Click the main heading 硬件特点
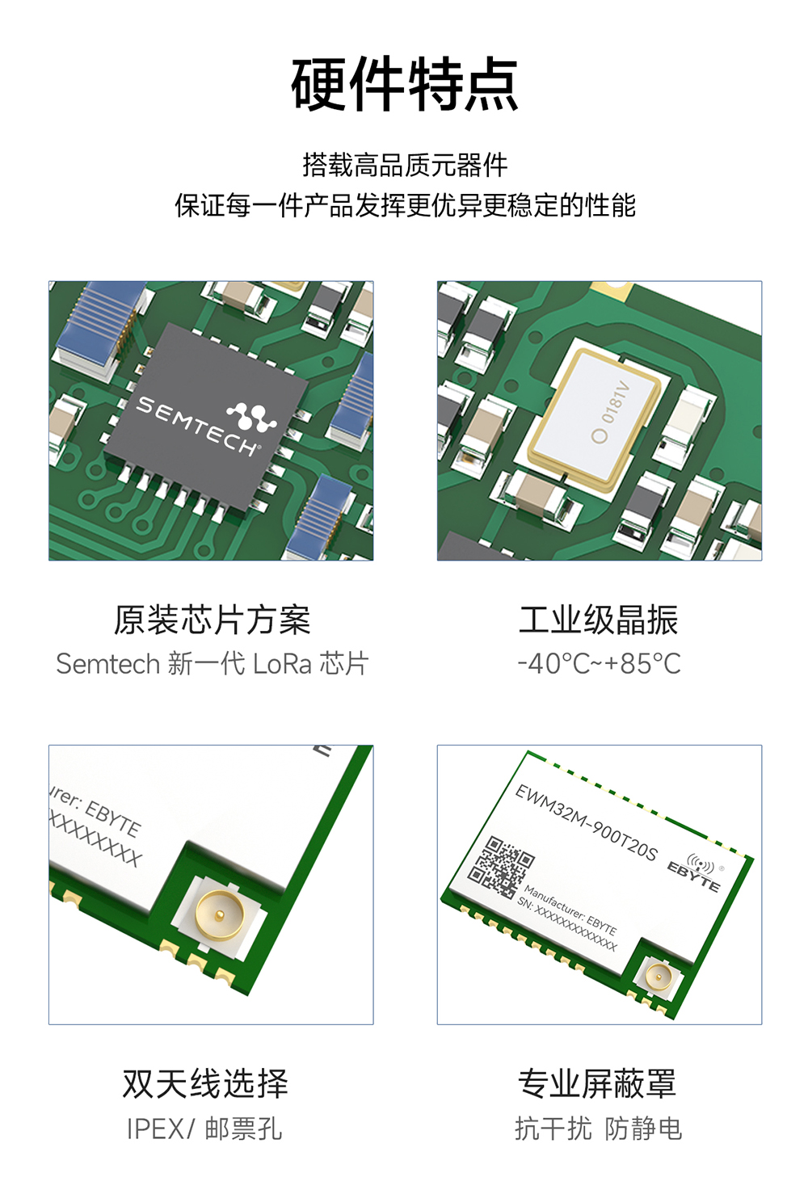[404, 84]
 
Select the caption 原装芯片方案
[212, 620]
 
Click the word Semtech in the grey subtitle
[107, 664]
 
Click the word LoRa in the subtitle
[282, 664]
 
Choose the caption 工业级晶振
[598, 620]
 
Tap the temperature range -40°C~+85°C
[599, 664]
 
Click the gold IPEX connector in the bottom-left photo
[218, 914]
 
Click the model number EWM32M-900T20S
[587, 822]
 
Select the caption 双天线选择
[205, 1083]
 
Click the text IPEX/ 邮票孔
[204, 1129]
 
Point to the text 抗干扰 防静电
[598, 1129]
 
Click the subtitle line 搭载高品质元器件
[404, 165]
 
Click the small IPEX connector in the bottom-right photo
[659, 977]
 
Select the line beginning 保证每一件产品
[404, 205]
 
